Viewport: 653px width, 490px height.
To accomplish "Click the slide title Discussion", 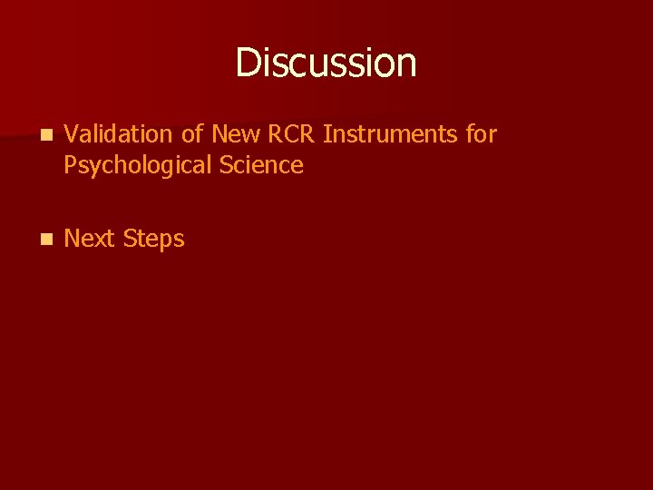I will pos(326,63).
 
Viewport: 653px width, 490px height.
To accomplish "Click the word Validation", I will pos(119,134).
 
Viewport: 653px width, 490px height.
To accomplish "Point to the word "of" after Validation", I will pos(191,134).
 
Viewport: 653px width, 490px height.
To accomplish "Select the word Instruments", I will pos(390,134).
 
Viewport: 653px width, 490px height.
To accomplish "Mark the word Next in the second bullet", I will pos(90,239).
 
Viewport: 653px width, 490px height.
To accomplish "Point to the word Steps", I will pos(153,240).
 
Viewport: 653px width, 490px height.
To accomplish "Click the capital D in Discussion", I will pos(246,63).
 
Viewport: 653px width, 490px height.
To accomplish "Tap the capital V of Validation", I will pos(73,134).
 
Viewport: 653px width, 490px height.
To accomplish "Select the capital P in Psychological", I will pos(72,165).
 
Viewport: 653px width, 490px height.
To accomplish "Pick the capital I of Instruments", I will pos(326,134).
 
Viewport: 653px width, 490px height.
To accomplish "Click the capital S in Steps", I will pos(129,239).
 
